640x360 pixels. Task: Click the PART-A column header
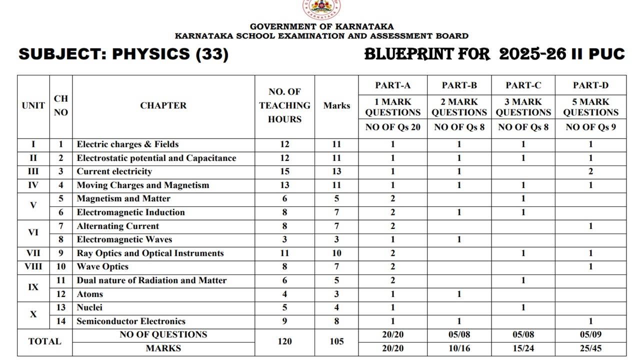click(x=393, y=85)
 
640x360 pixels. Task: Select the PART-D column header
click(x=590, y=85)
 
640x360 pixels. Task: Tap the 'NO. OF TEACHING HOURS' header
click(x=284, y=105)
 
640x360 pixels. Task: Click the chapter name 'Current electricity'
click(x=114, y=171)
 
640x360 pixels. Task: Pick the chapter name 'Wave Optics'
click(x=102, y=267)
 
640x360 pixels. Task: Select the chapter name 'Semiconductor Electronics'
click(x=131, y=321)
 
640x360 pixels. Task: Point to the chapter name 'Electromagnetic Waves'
click(x=124, y=239)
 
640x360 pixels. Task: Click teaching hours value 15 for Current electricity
click(x=284, y=171)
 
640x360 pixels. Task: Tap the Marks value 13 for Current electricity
click(x=336, y=171)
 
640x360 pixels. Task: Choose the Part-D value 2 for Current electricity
click(x=590, y=171)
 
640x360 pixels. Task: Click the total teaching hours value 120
click(x=284, y=341)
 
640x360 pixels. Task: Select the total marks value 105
click(x=336, y=341)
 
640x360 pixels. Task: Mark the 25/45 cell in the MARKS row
click(x=590, y=348)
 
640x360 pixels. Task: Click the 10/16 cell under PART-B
click(x=458, y=348)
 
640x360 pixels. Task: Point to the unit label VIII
click(x=33, y=267)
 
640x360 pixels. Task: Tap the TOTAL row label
click(x=44, y=341)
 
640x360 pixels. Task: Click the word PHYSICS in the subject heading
click(x=150, y=54)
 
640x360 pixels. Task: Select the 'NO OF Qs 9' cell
click(x=590, y=127)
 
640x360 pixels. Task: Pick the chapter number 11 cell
click(x=61, y=280)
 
